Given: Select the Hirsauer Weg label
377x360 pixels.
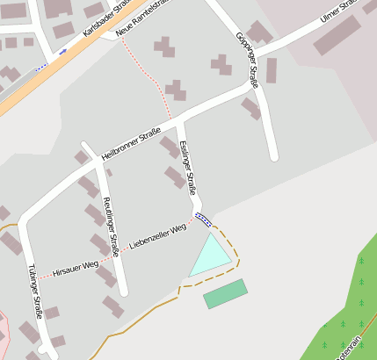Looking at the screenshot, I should point(75,268).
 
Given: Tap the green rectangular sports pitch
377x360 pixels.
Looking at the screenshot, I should point(225,293).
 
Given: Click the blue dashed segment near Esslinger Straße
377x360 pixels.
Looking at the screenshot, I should point(203,219).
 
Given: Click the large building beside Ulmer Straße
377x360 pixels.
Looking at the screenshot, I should point(337,35).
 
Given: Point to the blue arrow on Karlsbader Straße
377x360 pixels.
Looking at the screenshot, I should point(63,51).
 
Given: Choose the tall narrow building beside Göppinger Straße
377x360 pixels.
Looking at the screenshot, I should point(272,70).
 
